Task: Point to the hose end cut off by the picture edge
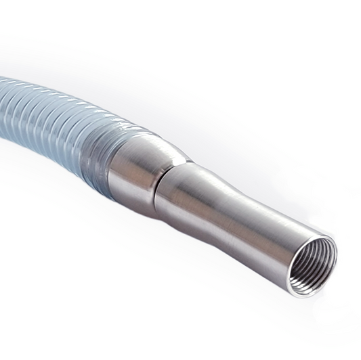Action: pyautogui.click(x=3, y=95)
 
